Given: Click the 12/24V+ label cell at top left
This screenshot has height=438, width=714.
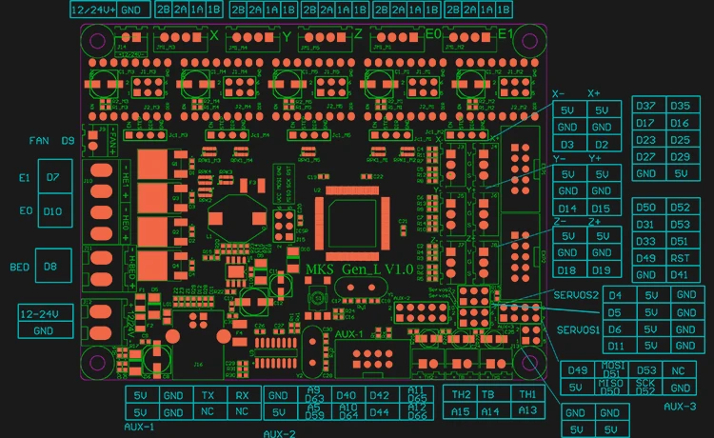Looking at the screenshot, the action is pyautogui.click(x=94, y=9).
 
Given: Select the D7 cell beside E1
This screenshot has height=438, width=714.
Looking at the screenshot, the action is pyautogui.click(x=52, y=177).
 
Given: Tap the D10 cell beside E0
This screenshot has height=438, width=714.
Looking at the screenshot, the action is pyautogui.click(x=52, y=210).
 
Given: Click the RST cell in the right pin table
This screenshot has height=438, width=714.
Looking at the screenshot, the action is pyautogui.click(x=680, y=258).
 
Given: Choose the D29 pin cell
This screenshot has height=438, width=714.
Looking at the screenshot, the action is pyautogui.click(x=680, y=157).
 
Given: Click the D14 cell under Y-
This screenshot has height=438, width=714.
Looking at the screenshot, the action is pyautogui.click(x=567, y=209).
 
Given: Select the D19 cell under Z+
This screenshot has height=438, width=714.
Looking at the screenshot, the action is pyautogui.click(x=601, y=270).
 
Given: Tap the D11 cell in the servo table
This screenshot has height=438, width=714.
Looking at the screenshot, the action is pyautogui.click(x=616, y=346).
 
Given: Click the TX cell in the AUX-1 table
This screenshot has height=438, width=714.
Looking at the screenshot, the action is pyautogui.click(x=208, y=395).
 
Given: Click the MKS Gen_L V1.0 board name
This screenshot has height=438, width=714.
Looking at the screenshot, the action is pyautogui.click(x=358, y=270).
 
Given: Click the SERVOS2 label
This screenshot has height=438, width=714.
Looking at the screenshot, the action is pyautogui.click(x=577, y=295).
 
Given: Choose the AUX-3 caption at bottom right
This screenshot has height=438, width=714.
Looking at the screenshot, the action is pyautogui.click(x=680, y=407).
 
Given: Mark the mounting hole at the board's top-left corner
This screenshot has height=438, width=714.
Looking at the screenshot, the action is pyautogui.click(x=96, y=41).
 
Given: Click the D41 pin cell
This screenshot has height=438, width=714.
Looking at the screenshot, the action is pyautogui.click(x=680, y=275).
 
